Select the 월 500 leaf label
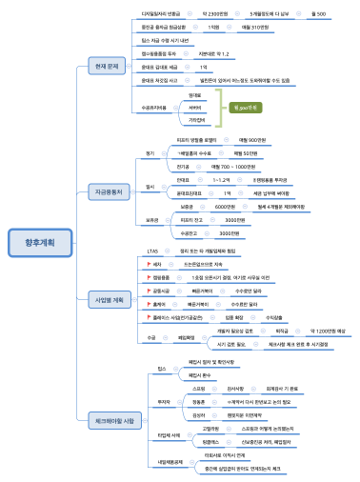[x=319, y=14]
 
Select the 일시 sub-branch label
[x=150, y=186]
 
